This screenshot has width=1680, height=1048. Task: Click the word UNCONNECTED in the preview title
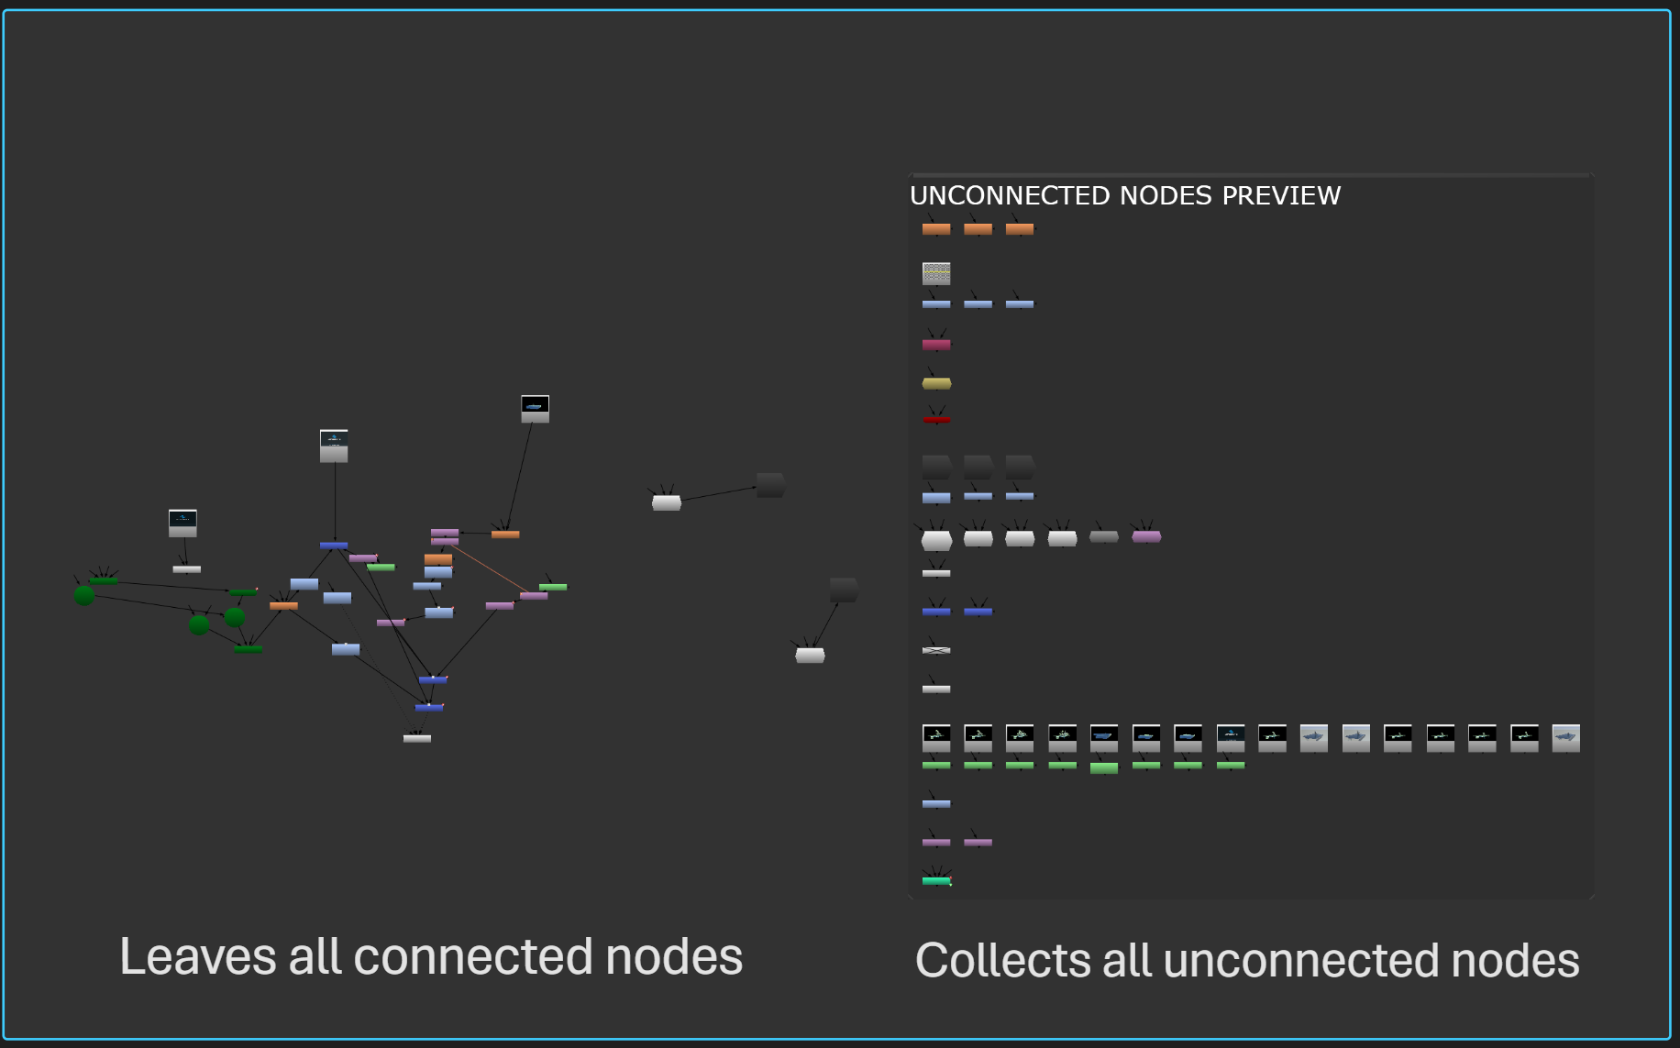coord(1010,195)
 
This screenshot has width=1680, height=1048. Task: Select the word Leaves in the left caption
coord(198,956)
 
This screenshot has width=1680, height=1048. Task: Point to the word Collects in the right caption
coord(1001,960)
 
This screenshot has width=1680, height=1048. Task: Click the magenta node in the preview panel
coord(936,345)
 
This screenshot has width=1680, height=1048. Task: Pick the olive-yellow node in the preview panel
coord(936,383)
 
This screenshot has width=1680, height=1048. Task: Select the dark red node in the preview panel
coord(936,420)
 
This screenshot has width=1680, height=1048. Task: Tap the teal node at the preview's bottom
coord(936,881)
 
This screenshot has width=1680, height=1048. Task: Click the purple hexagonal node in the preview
coord(1146,536)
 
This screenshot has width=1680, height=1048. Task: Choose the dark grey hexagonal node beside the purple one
coord(1104,536)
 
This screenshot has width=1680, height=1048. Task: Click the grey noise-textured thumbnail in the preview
coord(936,272)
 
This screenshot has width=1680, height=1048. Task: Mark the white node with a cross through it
coord(936,650)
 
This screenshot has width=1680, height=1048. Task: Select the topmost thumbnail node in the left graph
coord(535,408)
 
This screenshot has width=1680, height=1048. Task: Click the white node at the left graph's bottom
coord(417,738)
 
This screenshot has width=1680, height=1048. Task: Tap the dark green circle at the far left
coord(84,595)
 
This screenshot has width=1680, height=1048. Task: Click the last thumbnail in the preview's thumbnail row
coord(1565,737)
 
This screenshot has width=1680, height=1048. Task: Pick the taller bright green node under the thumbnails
coord(1104,768)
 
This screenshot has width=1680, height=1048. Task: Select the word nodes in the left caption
coord(674,956)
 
